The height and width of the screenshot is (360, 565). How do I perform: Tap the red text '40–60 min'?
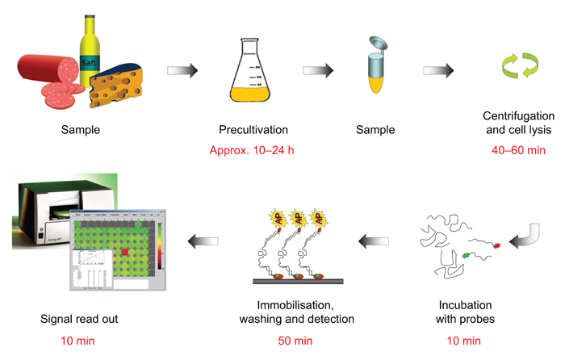(x=517, y=150)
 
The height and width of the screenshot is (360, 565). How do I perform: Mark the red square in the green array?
(x=126, y=253)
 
